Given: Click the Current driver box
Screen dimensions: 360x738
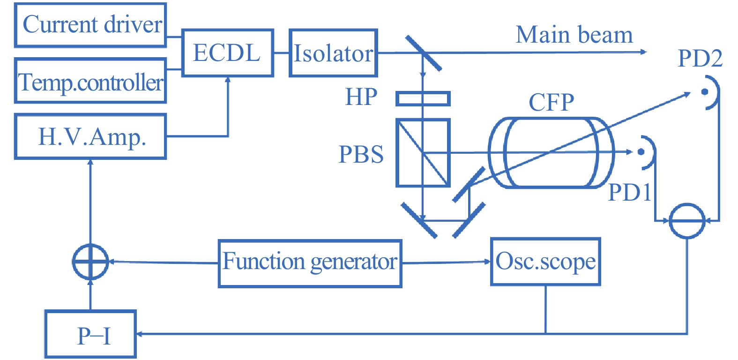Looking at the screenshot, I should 90,25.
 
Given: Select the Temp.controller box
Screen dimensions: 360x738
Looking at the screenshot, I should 90,81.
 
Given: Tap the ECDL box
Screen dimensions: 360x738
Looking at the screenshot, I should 227,52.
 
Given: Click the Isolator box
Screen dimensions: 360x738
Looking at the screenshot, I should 333,53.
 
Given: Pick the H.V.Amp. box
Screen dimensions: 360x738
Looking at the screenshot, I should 90,136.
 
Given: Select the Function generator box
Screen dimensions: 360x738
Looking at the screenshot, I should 310,263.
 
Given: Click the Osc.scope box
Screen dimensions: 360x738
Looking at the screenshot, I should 545,262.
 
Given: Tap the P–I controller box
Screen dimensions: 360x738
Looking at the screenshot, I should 90,334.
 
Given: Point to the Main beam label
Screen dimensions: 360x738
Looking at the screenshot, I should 574,35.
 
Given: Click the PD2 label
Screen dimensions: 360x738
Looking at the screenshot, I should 700,59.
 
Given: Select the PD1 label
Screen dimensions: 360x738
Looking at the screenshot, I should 629,192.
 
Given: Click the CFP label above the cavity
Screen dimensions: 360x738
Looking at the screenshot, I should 552,102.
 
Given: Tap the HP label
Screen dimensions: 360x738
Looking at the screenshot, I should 361,97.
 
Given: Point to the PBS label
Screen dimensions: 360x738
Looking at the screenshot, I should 361,154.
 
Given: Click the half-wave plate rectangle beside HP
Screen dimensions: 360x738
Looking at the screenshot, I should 423,98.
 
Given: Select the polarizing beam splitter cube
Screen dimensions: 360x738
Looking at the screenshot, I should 423,153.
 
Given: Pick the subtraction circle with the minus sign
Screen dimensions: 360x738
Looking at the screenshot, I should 687,221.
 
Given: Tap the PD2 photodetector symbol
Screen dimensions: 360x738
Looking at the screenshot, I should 710,92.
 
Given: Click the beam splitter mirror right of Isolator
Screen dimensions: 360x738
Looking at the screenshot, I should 423,53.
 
